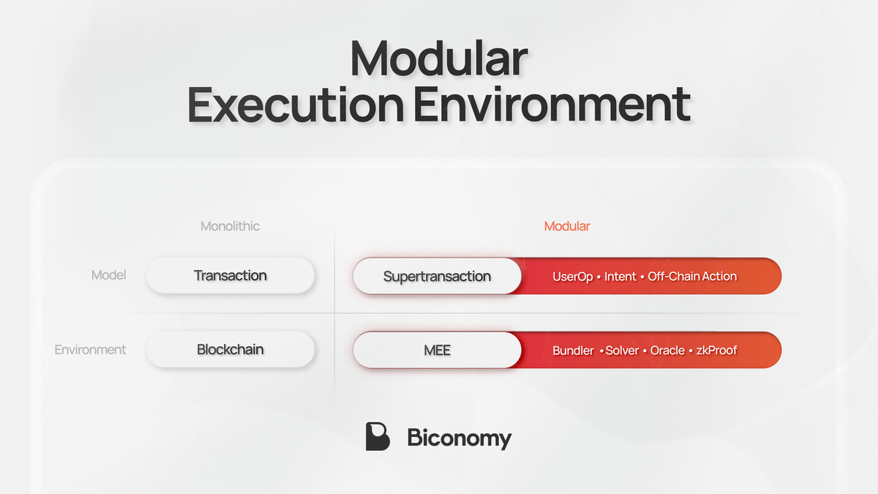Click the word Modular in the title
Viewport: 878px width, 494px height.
(x=438, y=59)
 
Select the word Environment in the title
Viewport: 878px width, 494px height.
(x=552, y=105)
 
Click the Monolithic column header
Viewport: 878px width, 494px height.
(x=230, y=226)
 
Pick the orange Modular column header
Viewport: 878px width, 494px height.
(x=567, y=226)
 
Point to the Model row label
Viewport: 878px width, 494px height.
(x=108, y=275)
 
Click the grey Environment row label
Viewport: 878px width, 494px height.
(x=90, y=350)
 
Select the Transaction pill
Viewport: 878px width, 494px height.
(x=230, y=276)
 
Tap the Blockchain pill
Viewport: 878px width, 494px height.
(x=230, y=350)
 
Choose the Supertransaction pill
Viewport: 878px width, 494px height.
(x=437, y=277)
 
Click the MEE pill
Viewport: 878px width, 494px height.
(x=437, y=351)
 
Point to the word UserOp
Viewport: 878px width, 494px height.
(x=573, y=277)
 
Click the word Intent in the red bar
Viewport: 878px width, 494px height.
(x=620, y=277)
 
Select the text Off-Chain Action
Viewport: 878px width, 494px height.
(x=692, y=277)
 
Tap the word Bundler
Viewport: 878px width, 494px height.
(x=573, y=351)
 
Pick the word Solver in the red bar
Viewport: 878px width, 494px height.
(x=622, y=351)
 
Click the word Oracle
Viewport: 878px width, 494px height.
(x=667, y=351)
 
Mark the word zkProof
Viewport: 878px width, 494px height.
(x=716, y=351)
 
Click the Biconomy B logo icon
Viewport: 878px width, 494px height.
(x=378, y=437)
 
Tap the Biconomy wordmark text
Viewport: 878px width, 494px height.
(x=459, y=438)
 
